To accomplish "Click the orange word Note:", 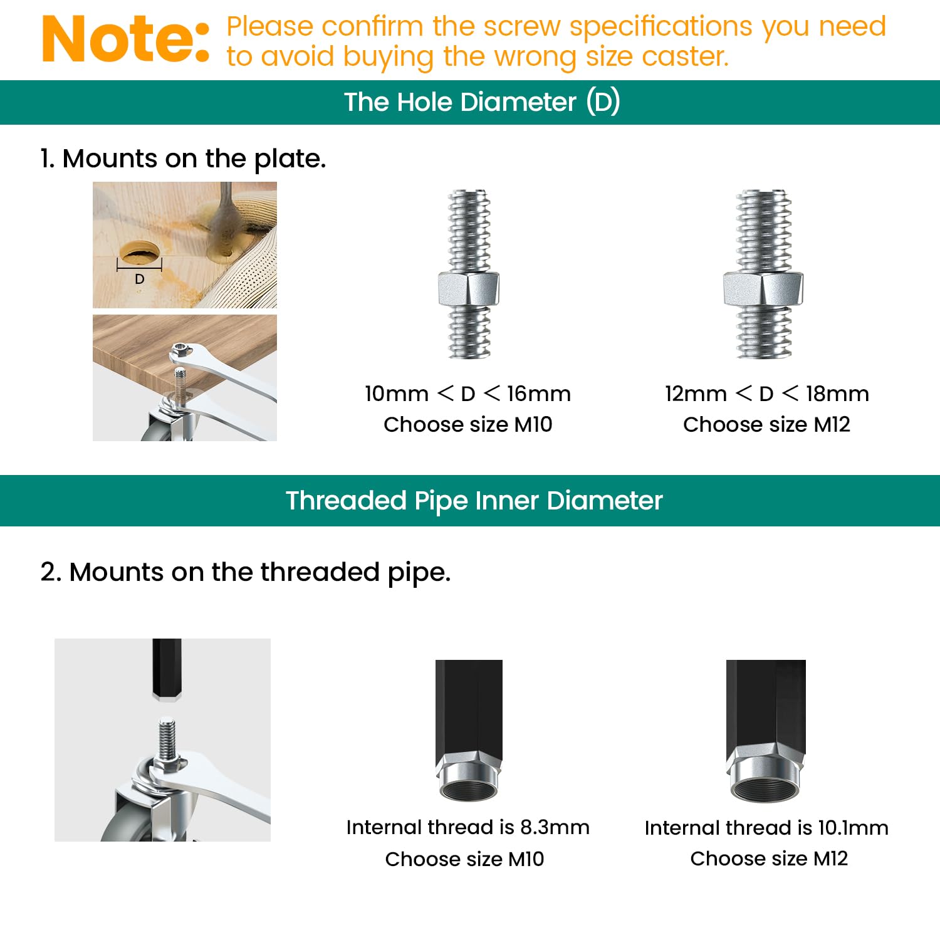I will (125, 40).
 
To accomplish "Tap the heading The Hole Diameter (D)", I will (482, 102).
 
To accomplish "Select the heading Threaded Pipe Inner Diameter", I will (474, 501).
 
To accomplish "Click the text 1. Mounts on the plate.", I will (183, 159).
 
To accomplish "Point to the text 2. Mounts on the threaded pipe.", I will (245, 572).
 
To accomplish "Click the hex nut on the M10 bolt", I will (469, 289).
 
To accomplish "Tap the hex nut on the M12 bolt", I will (763, 289).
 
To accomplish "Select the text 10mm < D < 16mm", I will (467, 394).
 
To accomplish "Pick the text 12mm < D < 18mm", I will (766, 394).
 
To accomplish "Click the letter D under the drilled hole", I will (140, 279).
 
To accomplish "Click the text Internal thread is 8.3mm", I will (467, 827).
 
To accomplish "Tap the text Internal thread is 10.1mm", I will (766, 828).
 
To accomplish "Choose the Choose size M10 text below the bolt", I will (467, 425).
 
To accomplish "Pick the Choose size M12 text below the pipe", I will (769, 859).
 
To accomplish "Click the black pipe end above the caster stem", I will (167, 668).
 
